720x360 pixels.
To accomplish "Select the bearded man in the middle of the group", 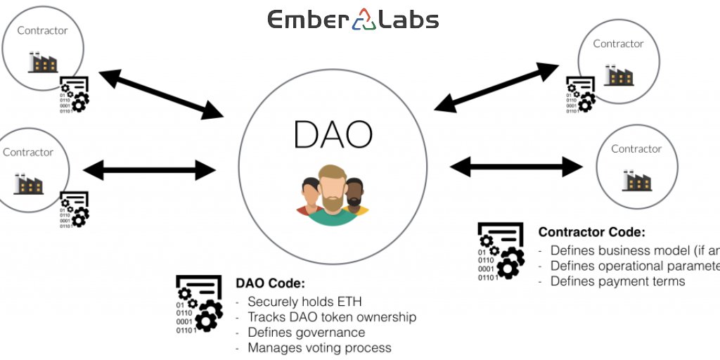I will pos(332,193).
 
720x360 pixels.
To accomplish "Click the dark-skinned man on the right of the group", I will pos(355,195).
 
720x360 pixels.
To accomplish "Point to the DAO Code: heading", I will pos(270,284).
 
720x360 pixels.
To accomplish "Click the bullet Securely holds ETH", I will pos(304,302).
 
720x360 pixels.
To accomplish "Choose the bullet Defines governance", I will pos(306,333).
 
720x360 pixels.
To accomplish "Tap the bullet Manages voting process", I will pos(319,347).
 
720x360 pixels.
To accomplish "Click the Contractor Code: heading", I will pos(591,232).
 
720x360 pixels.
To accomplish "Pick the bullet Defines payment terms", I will pos(617,281).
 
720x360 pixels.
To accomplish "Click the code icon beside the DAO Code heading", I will pos(199,302).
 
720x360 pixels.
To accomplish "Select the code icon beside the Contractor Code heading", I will pos(501,251).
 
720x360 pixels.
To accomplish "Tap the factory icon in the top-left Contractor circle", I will pos(42,63).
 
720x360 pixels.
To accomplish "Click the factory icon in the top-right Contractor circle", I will pos(618,75).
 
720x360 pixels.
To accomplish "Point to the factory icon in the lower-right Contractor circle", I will pos(636,181).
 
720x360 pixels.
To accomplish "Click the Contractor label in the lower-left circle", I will pos(28,153).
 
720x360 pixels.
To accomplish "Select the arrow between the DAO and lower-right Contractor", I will pos(516,167).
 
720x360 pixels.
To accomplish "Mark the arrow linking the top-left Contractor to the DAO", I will pos(161,94).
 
